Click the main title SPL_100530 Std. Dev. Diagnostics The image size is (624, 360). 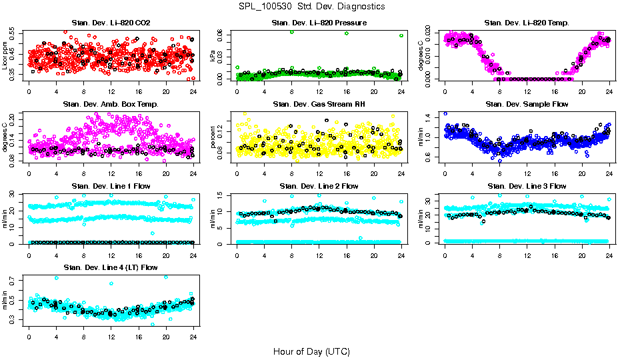311,6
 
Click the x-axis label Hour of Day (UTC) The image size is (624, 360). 311,351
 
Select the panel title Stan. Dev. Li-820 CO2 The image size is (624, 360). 111,23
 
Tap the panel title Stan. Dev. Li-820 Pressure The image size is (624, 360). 319,23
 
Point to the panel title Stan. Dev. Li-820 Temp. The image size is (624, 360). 527,23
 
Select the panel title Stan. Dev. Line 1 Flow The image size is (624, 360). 111,185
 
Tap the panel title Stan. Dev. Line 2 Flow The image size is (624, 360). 319,185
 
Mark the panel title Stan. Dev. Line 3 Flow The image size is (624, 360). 527,185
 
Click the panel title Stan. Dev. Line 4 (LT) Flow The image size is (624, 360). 111,267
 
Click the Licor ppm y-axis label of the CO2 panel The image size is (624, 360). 5,55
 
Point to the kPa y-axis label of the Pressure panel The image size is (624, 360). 213,56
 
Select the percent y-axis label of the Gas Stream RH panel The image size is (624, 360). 213,137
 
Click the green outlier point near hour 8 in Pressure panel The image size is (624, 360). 291,32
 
